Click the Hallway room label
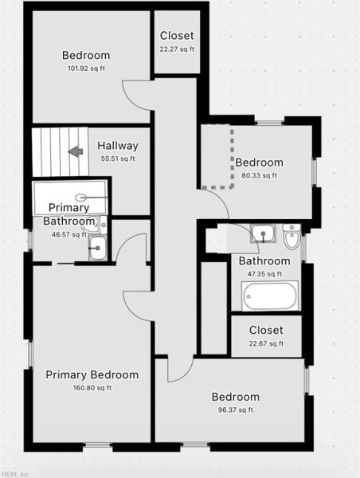pyautogui.click(x=117, y=146)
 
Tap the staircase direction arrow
pyautogui.click(x=76, y=151)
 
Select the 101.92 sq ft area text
pyautogui.click(x=86, y=69)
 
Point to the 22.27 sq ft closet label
pyautogui.click(x=177, y=49)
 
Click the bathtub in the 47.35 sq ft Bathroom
pyautogui.click(x=270, y=296)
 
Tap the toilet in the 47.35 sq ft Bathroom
pyautogui.click(x=292, y=237)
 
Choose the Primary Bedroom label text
pyautogui.click(x=92, y=374)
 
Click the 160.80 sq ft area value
pyautogui.click(x=92, y=388)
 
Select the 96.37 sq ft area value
pyautogui.click(x=236, y=410)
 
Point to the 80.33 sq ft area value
pyautogui.click(x=260, y=175)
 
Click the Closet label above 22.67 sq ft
pyautogui.click(x=266, y=330)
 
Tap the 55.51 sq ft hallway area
pyautogui.click(x=118, y=159)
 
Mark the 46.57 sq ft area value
pyautogui.click(x=69, y=234)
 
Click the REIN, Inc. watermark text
pyautogui.click(x=14, y=474)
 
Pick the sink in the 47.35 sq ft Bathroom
pyautogui.click(x=263, y=233)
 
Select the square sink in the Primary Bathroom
pyautogui.click(x=98, y=248)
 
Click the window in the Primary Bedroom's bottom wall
pyautogui.click(x=98, y=445)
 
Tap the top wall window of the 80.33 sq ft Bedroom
pyautogui.click(x=269, y=123)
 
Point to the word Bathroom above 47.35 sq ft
pyautogui.click(x=264, y=261)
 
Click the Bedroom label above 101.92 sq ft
pyautogui.click(x=86, y=55)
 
